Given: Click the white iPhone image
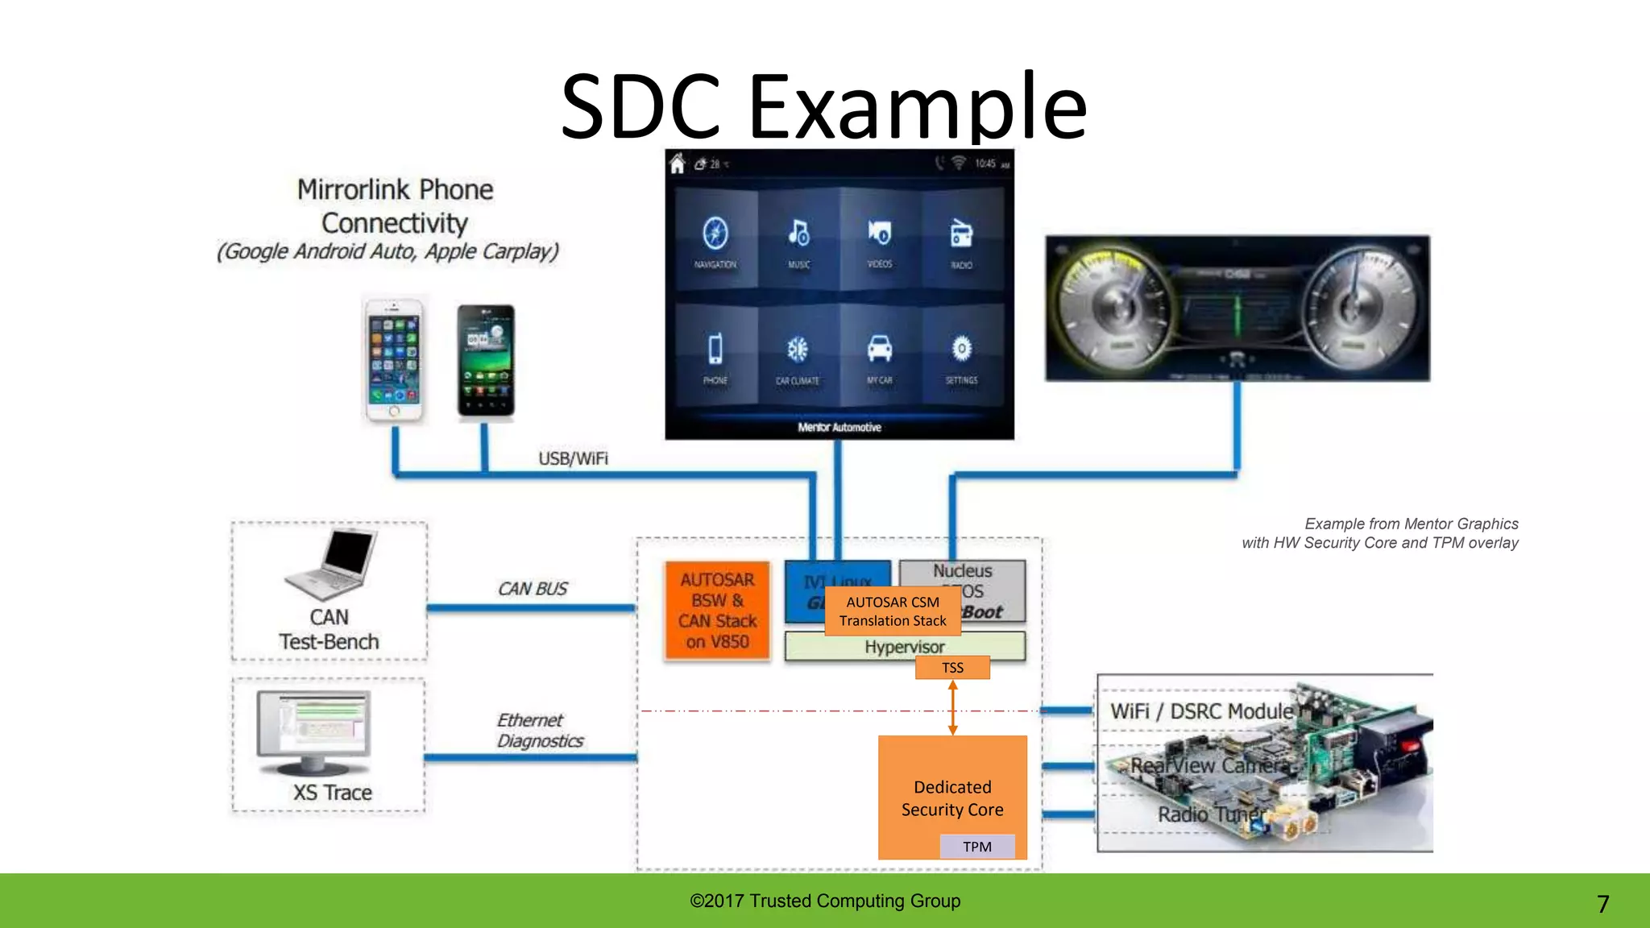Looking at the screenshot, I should coord(393,359).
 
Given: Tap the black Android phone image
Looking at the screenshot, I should coord(486,360).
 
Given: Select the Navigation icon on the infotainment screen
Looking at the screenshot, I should coord(715,234).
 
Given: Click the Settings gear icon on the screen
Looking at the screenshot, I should coord(961,350).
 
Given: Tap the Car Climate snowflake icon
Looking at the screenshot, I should coord(798,350).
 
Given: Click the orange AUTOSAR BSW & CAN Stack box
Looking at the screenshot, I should coord(717,611).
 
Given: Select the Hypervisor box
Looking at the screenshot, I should coord(905,647).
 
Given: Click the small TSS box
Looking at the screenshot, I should coord(952,668).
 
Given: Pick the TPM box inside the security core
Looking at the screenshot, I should coord(976,847).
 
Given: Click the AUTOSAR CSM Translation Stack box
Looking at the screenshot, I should coord(893,611).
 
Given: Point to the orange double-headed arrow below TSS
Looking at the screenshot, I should coord(952,707).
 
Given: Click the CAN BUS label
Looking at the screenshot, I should coord(533,589).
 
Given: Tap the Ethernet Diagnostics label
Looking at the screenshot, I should coord(539,731).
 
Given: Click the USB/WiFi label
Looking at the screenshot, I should coord(573,458).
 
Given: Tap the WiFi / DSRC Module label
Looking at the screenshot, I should coord(1201,711).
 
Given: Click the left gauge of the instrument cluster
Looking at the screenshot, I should coord(1116,307).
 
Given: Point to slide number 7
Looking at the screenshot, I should coord(1602,904).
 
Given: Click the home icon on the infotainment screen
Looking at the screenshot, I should coord(678,164).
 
